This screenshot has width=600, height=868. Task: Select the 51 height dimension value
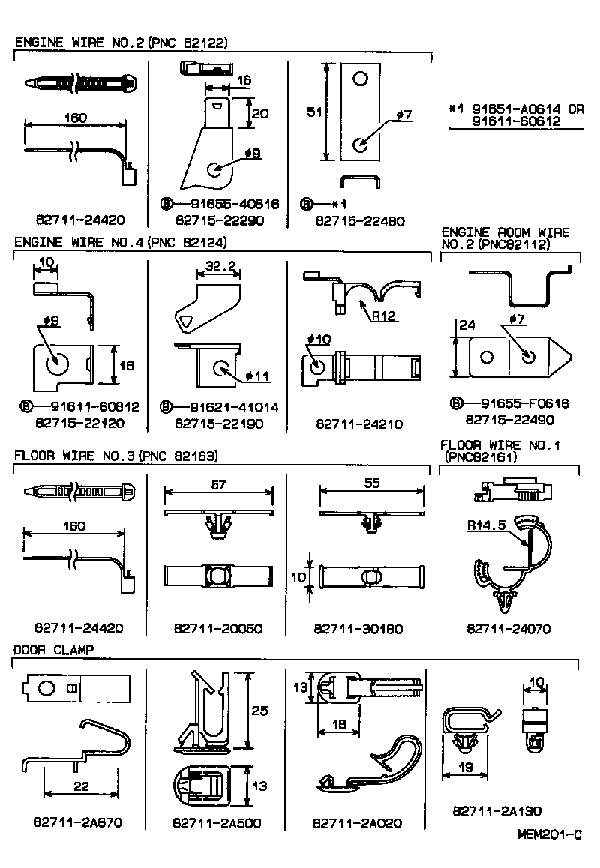315,112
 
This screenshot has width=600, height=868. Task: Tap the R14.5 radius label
484,525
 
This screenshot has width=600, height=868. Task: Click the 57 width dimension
217,486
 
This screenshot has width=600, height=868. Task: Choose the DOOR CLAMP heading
54,650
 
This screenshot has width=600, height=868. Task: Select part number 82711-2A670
78,822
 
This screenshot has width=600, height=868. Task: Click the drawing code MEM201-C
549,834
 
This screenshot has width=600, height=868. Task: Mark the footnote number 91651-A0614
507,108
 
